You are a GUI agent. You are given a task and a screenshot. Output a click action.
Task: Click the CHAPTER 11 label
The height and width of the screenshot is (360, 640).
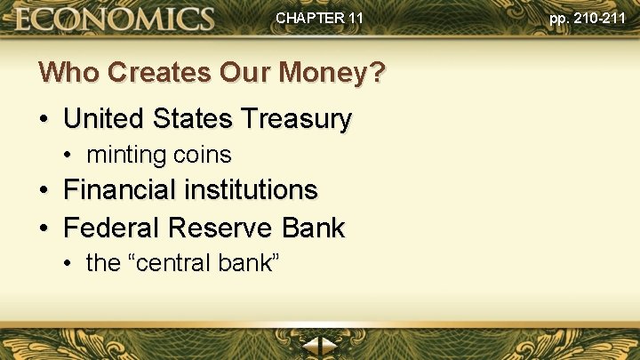tap(319, 17)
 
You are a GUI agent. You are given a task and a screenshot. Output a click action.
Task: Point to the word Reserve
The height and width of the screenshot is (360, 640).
tap(222, 228)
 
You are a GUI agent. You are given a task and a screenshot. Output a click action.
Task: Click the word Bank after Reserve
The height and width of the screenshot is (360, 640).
tap(312, 228)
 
